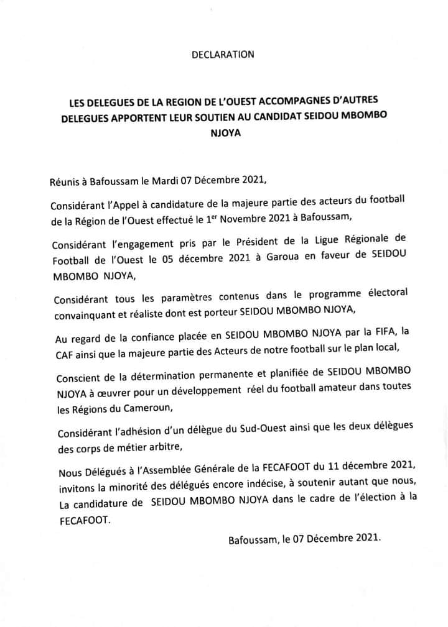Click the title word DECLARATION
click(223, 55)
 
